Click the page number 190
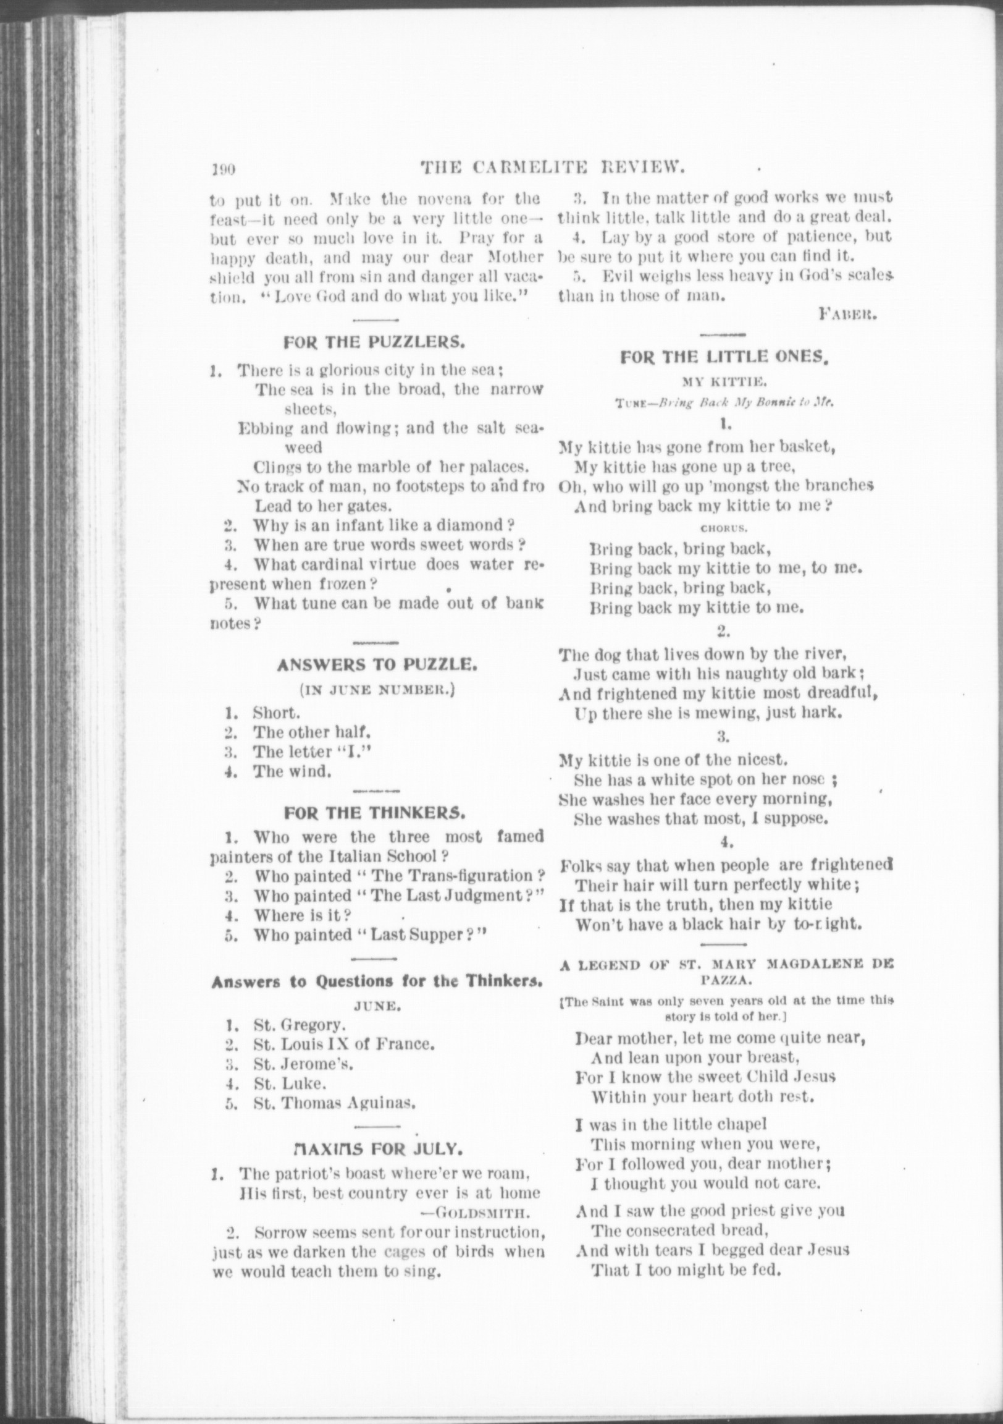pyautogui.click(x=220, y=169)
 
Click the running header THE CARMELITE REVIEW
pyautogui.click(x=552, y=167)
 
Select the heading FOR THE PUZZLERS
pyautogui.click(x=374, y=342)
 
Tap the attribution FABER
pyautogui.click(x=847, y=315)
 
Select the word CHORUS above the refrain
pyautogui.click(x=718, y=529)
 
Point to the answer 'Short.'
pyautogui.click(x=277, y=713)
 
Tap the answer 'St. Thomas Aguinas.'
pyautogui.click(x=334, y=1103)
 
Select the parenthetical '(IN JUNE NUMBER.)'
pyautogui.click(x=377, y=690)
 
